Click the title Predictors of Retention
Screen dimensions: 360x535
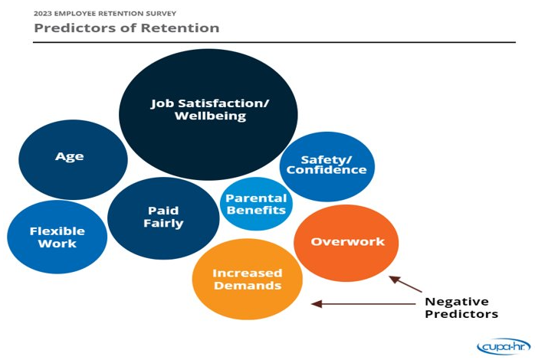[126, 28]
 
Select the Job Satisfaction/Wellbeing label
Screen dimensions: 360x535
[209, 110]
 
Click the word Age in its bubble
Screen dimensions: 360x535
[70, 156]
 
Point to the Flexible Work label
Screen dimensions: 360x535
[57, 237]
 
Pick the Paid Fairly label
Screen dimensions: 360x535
[163, 217]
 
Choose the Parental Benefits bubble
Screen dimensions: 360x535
[256, 204]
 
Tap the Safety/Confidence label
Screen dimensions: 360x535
[327, 165]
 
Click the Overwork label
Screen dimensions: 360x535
[347, 242]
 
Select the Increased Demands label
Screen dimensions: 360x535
[247, 279]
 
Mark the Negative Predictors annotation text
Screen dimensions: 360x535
[461, 307]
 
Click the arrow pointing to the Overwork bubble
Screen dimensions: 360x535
[405, 284]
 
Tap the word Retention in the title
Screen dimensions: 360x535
[182, 28]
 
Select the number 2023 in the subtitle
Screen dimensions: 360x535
[44, 13]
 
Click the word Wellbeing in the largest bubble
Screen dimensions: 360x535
[210, 116]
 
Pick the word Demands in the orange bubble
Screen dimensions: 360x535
[248, 286]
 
